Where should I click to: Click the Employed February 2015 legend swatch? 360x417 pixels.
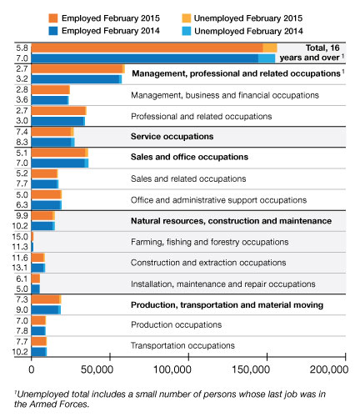pos(53,18)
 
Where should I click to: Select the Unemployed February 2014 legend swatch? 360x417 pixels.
pos(187,31)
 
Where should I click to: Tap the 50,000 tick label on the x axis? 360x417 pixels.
pos(97,369)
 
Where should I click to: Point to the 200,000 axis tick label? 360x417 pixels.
pos(329,369)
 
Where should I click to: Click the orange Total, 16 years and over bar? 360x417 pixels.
pos(154,48)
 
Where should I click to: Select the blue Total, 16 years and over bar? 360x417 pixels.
pos(153,58)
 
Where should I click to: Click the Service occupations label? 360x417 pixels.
pos(172,137)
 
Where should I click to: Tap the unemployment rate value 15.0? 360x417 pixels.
pos(20,237)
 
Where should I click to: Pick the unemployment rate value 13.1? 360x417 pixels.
pos(20,268)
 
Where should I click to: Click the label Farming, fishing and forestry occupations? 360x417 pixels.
pos(209,242)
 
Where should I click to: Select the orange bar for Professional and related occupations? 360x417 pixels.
pos(59,111)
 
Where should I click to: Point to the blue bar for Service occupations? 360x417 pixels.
pos(52,143)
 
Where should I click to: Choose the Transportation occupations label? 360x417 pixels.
pos(182,345)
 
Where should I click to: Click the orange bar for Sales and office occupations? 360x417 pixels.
pos(60,153)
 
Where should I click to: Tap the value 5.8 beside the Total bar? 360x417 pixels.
pos(22,48)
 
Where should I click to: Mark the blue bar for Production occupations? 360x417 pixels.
pos(38,331)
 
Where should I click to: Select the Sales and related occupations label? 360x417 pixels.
pos(188,178)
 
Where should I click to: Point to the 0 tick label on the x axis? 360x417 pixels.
pos(32,369)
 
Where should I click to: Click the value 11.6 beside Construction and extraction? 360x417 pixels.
pos(20,258)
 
